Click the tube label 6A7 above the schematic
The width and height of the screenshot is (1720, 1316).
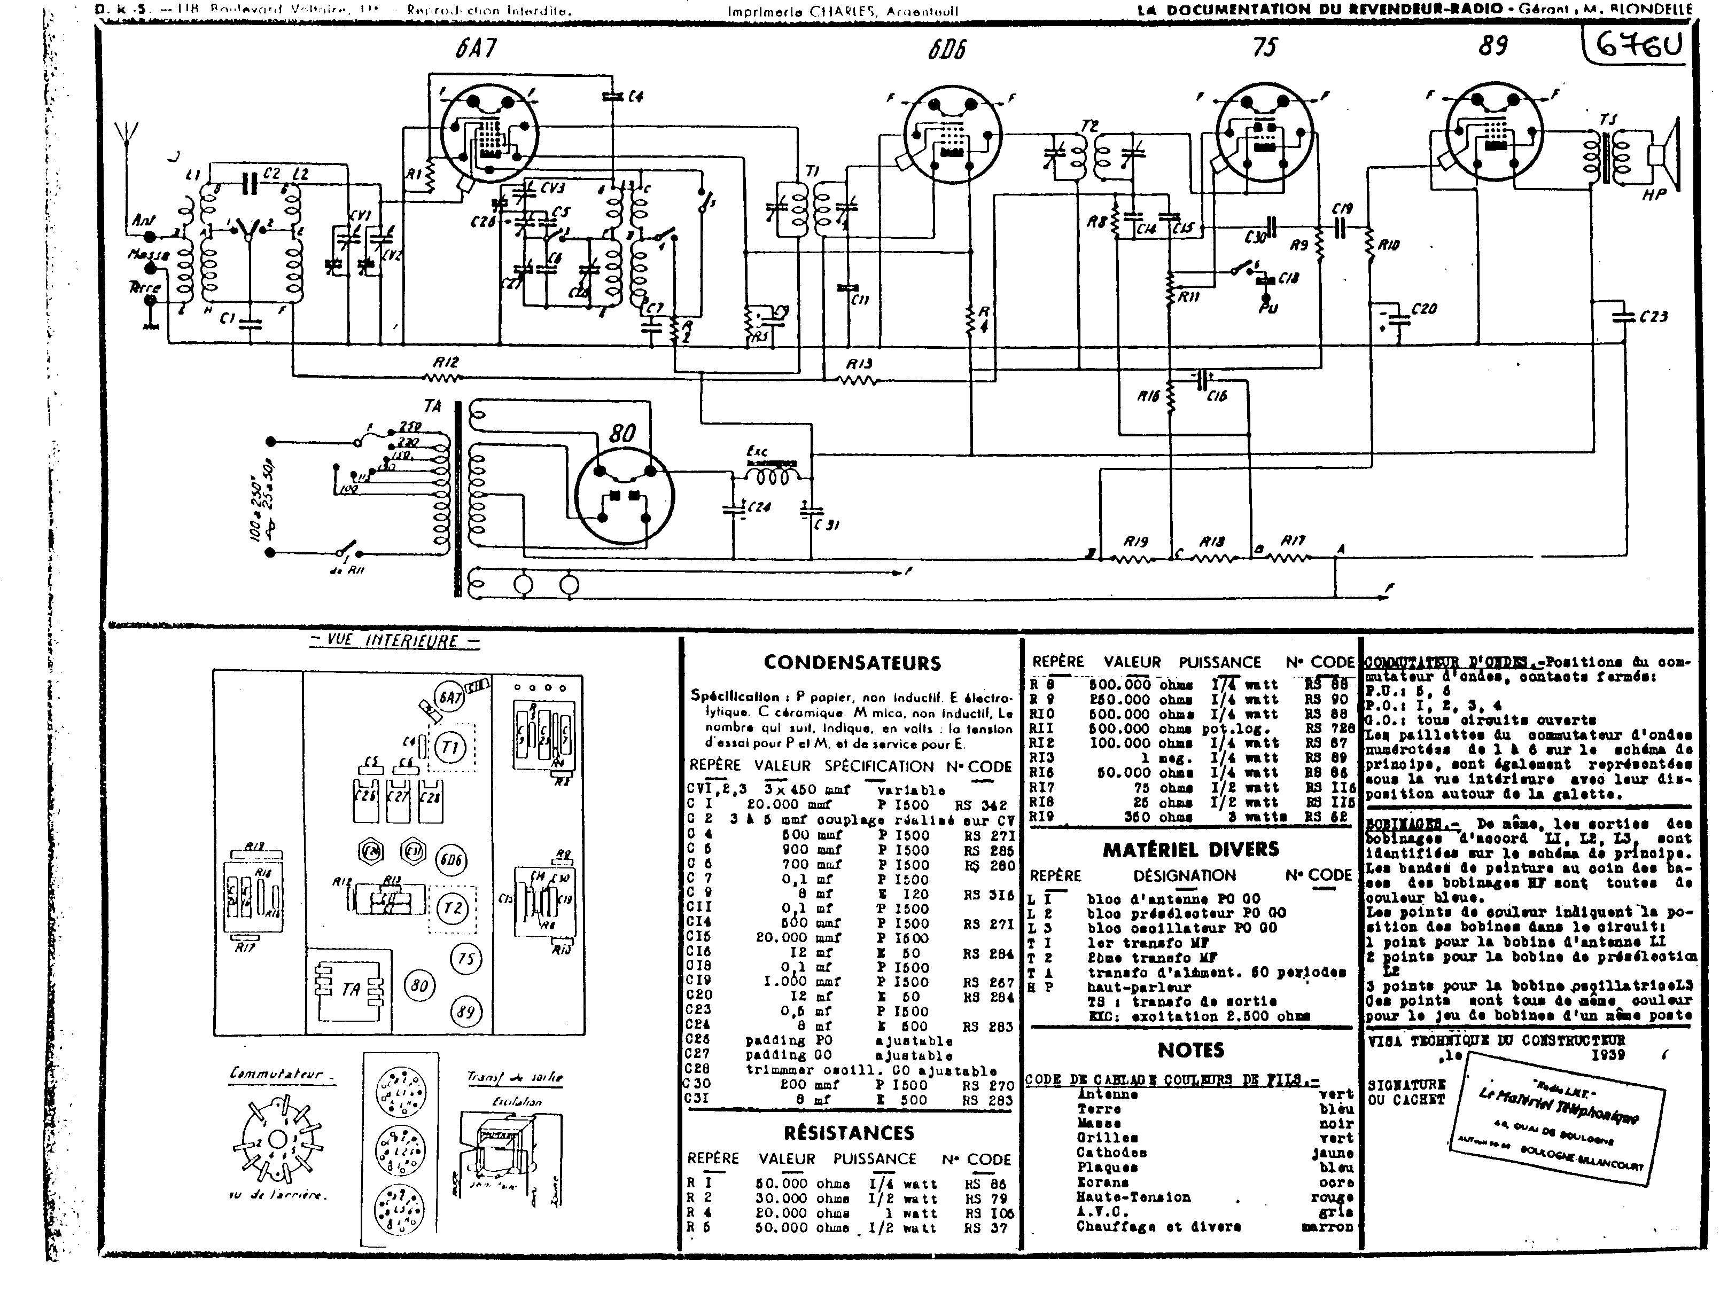pos(475,49)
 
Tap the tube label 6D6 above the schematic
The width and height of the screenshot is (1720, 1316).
pos(947,49)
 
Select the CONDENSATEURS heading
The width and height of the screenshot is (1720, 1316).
pos(852,663)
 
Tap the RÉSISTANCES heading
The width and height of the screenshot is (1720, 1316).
pos(849,1133)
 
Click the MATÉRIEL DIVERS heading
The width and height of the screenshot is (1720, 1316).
pos(1190,849)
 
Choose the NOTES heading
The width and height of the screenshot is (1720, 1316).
pos(1190,1049)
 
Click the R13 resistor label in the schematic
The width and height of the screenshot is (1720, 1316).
pos(858,364)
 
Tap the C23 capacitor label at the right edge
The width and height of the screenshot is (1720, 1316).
pos(1653,317)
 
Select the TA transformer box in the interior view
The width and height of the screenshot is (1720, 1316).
pos(349,989)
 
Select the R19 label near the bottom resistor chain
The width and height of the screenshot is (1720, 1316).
pos(1135,541)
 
